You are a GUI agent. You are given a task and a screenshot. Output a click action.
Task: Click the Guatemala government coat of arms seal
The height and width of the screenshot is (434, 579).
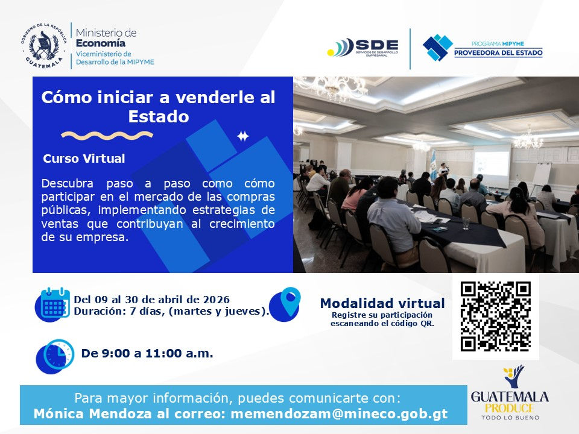(x=43, y=45)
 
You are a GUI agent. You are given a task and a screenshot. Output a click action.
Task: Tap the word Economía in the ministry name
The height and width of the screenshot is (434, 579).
(x=101, y=43)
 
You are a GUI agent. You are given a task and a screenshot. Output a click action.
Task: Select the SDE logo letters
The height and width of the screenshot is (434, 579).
(x=376, y=45)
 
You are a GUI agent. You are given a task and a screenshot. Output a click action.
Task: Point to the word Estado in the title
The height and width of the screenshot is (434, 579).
(x=159, y=116)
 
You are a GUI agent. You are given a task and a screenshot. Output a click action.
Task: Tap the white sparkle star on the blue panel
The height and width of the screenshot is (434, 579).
(x=242, y=136)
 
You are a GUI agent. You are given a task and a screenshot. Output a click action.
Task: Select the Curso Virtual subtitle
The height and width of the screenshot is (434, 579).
(x=84, y=159)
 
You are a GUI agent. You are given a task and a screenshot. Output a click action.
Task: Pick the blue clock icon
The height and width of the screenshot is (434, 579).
(x=55, y=355)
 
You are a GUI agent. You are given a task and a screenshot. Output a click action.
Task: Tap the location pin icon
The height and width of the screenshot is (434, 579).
(x=285, y=303)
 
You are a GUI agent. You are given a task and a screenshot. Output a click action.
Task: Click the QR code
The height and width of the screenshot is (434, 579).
(x=495, y=316)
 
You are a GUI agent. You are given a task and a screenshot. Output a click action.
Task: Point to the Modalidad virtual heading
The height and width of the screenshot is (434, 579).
(x=382, y=303)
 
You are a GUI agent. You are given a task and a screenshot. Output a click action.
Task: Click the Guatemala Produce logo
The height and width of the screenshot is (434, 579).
(x=510, y=395)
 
